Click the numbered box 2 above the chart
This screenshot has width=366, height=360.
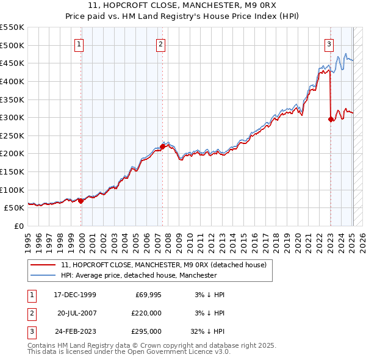click(160, 44)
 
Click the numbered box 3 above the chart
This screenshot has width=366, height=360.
click(329, 44)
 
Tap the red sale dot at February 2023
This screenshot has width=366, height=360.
click(331, 120)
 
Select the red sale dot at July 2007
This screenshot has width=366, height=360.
click(163, 146)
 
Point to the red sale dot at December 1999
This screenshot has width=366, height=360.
click(81, 200)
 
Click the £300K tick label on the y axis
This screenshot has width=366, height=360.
click(12, 117)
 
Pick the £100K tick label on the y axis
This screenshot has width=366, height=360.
click(12, 190)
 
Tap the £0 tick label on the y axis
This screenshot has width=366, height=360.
click(19, 226)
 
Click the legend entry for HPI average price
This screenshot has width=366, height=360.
click(138, 276)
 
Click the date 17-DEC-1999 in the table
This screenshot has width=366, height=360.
click(75, 295)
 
